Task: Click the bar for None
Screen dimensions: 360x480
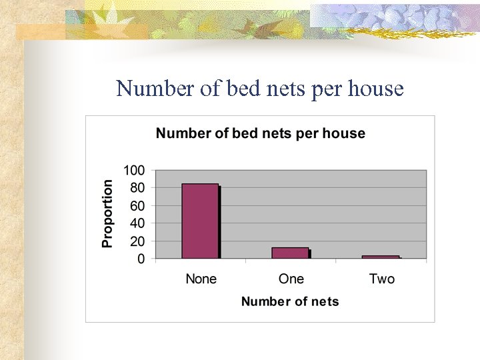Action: [x=200, y=221]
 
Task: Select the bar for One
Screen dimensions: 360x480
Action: [x=290, y=253]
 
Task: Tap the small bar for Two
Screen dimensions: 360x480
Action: [x=381, y=257]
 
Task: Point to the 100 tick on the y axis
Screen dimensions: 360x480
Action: [x=133, y=170]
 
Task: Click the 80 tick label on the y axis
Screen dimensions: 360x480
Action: [x=137, y=188]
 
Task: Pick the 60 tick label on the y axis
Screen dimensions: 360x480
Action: [x=137, y=206]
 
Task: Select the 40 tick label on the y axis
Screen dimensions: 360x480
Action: [x=137, y=223]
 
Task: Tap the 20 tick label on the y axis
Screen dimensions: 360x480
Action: [x=137, y=241]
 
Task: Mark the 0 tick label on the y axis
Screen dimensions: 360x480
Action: [x=141, y=259]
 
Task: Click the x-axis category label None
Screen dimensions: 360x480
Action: [x=201, y=279]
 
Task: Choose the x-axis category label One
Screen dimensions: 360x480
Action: [x=291, y=279]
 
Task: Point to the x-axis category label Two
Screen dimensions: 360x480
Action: [x=381, y=279]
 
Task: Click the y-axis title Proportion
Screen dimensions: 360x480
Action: [x=107, y=214]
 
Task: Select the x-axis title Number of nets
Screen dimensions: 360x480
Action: [x=290, y=301]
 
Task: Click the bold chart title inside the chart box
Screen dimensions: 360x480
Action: [x=260, y=133]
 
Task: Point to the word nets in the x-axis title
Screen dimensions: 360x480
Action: [x=324, y=301]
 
